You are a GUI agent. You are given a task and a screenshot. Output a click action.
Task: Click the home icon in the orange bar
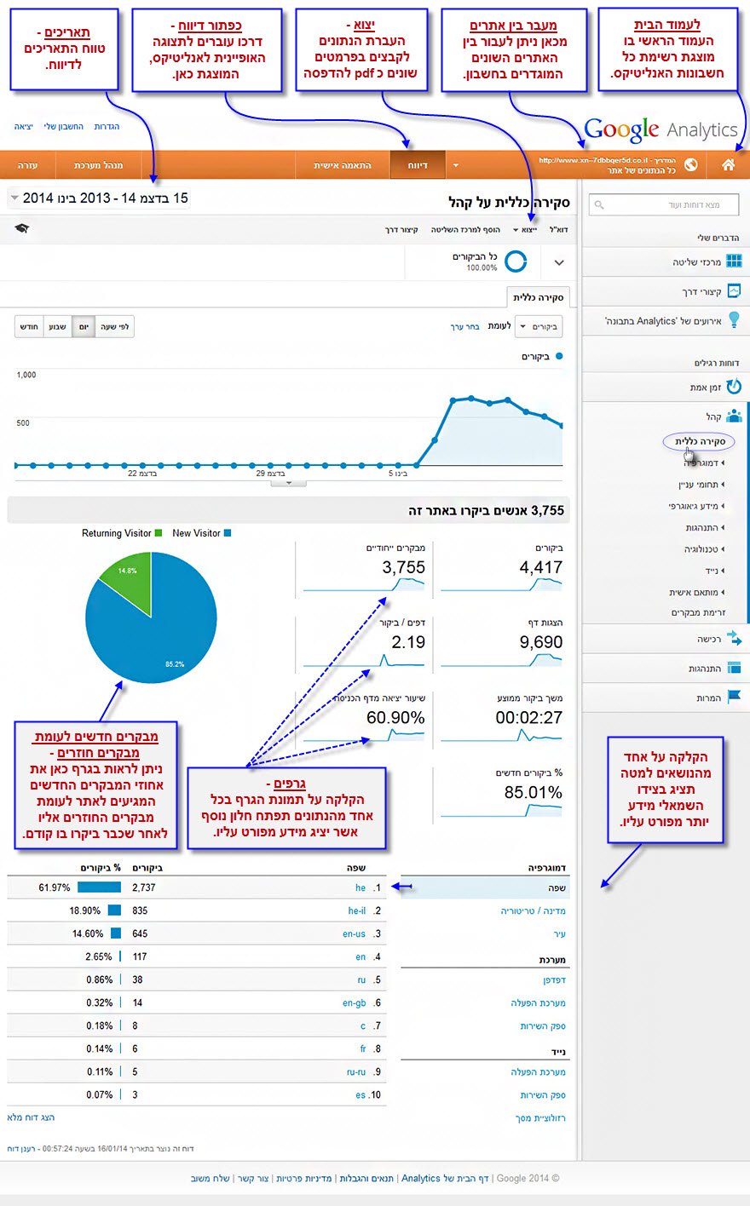728,164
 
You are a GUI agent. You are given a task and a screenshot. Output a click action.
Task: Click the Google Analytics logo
661,129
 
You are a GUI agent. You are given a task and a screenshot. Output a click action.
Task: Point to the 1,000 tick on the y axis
26,375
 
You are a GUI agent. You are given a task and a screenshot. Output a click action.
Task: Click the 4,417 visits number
540,568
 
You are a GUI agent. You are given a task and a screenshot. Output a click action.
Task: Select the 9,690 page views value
540,642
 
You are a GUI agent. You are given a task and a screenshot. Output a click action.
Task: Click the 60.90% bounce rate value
395,718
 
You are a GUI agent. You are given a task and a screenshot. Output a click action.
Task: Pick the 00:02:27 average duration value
528,718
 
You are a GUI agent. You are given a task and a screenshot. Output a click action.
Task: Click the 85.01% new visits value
533,793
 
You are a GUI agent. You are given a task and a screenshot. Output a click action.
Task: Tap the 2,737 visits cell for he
144,887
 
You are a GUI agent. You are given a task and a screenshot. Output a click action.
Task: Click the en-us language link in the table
354,934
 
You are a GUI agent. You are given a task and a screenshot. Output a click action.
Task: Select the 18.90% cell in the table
86,910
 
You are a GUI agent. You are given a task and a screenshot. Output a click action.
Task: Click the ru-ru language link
356,1072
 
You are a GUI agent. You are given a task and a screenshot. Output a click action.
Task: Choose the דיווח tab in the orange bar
418,165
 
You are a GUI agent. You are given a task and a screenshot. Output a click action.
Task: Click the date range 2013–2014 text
106,198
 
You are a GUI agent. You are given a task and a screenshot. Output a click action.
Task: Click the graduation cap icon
22,229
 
